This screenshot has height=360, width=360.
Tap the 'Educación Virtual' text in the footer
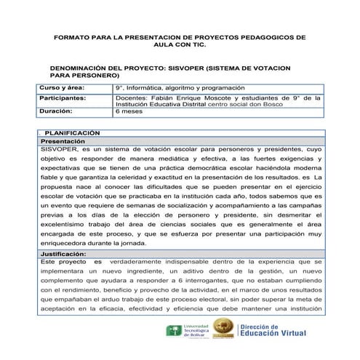pyautogui.click(x=291, y=336)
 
